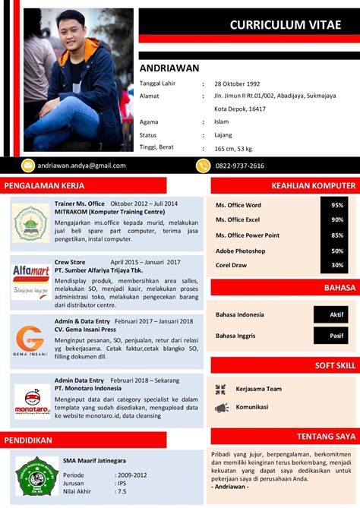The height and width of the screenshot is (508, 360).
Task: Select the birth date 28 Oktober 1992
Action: point(237,84)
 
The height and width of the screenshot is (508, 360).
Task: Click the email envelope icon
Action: point(29,166)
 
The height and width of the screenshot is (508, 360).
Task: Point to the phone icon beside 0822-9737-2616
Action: point(203,166)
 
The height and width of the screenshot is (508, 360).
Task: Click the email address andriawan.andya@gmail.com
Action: point(82,166)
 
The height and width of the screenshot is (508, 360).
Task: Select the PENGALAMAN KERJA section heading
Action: point(44,185)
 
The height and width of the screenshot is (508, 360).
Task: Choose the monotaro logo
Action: point(31,400)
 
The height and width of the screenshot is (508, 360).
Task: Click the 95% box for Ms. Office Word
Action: point(337,205)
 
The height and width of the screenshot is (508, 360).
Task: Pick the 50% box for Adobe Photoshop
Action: point(337,251)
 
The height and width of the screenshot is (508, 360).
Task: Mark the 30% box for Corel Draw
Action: point(337,266)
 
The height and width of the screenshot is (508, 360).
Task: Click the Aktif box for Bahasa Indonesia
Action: point(336,314)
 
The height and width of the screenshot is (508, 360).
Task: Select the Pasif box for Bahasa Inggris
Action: point(336,335)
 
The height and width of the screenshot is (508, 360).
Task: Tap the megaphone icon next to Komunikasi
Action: point(221,408)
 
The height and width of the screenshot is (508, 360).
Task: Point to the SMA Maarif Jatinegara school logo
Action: point(37,476)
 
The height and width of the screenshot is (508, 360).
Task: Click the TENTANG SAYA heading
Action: point(326,437)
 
